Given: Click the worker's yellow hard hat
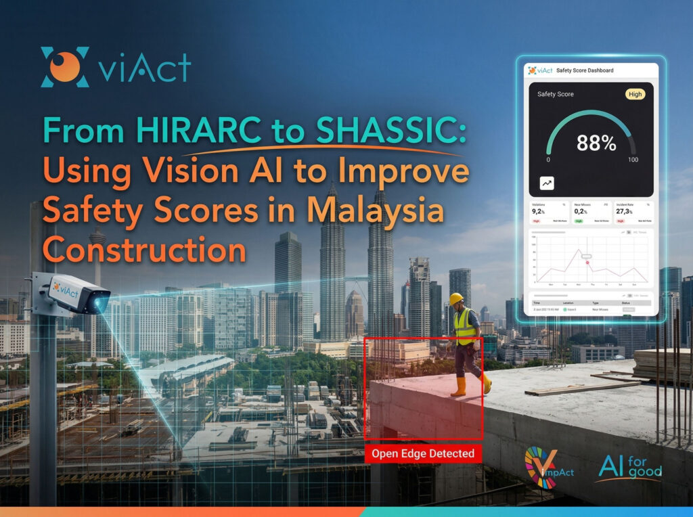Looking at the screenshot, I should (x=456, y=299).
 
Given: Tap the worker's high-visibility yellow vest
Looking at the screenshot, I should (x=464, y=327).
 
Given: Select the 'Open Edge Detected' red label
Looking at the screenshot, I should (x=423, y=453).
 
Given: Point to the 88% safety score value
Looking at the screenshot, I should (x=596, y=143).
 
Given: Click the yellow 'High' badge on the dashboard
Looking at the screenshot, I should (x=635, y=94).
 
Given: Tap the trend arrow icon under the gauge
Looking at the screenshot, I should (x=547, y=183).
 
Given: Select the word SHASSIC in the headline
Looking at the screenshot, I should (x=397, y=130).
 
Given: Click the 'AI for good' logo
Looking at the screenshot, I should (x=629, y=468).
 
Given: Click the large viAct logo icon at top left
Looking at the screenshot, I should (x=65, y=67).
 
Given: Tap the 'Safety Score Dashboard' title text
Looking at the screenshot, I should (x=585, y=70).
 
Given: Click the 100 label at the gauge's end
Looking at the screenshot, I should (x=633, y=160).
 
